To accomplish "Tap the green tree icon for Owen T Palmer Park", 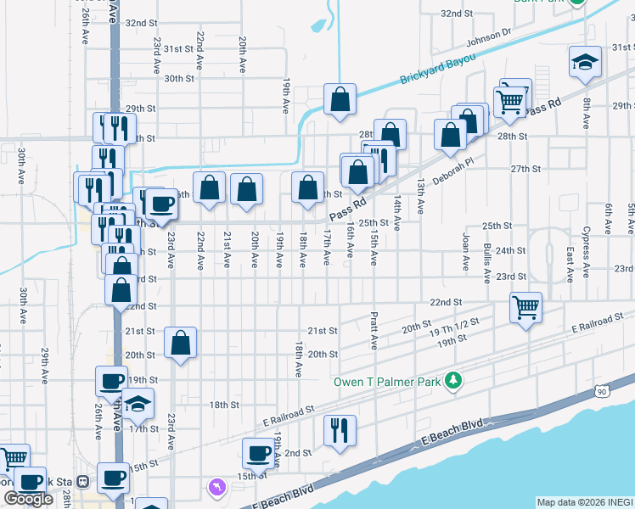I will pyautogui.click(x=455, y=379).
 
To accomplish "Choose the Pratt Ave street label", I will pyautogui.click(x=374, y=331).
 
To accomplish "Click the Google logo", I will pyautogui.click(x=28, y=499).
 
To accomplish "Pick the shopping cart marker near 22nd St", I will pyautogui.click(x=526, y=306).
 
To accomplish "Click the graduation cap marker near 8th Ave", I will pyautogui.click(x=584, y=61).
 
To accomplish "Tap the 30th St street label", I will pyautogui.click(x=179, y=78).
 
